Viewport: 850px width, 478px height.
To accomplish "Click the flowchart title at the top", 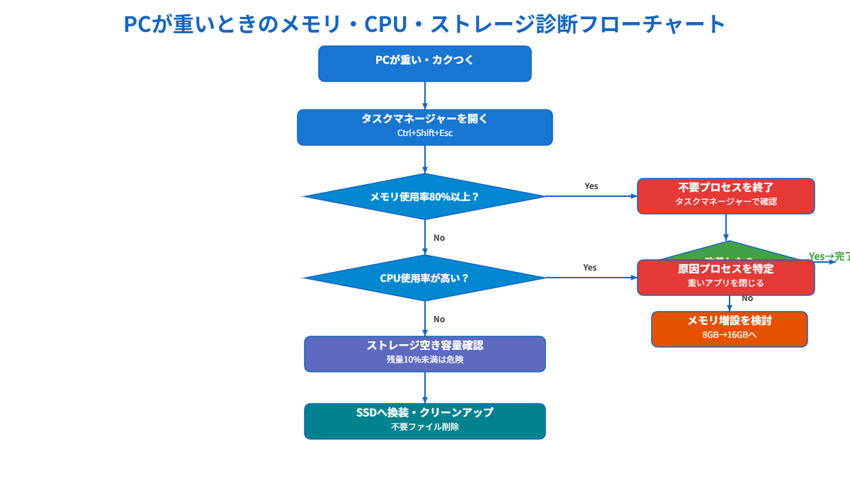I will (425, 23).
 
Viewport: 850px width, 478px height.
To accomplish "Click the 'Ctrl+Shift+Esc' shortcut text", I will (425, 133).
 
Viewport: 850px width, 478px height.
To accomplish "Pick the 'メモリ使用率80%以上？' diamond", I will (425, 197).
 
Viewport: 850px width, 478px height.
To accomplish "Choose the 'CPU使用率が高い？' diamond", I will (425, 278).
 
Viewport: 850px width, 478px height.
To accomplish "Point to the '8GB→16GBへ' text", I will (729, 335).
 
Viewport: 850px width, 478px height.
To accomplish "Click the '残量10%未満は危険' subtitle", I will (425, 360).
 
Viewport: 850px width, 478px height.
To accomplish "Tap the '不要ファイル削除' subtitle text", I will (425, 427).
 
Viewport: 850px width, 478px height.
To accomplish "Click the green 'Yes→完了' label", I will (829, 256).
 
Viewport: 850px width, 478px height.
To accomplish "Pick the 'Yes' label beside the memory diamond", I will (591, 186).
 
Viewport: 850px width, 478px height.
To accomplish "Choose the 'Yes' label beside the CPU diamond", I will (589, 268).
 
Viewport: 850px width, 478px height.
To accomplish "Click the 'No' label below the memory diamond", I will (439, 238).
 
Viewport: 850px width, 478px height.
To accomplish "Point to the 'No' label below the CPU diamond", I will (439, 319).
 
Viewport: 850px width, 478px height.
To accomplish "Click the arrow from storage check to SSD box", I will (425, 387).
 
